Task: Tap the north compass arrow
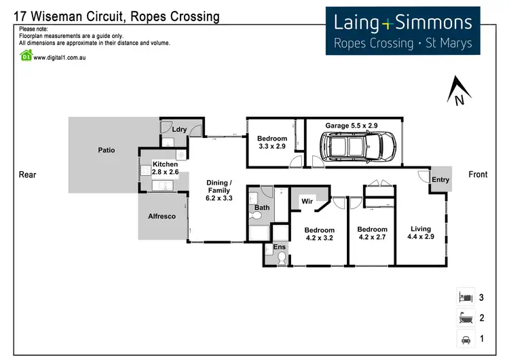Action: click(459, 92)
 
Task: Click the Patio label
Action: click(107, 150)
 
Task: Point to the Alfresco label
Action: click(162, 216)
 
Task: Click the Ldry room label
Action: click(179, 129)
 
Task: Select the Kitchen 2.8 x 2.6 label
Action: click(165, 168)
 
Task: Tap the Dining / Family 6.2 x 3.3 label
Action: click(219, 191)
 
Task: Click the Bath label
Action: click(262, 207)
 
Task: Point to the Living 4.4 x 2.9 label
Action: click(421, 233)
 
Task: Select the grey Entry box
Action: click(440, 179)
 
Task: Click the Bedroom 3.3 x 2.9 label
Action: click(272, 143)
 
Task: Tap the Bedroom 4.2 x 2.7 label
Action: click(372, 234)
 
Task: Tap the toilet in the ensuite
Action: click(280, 259)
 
